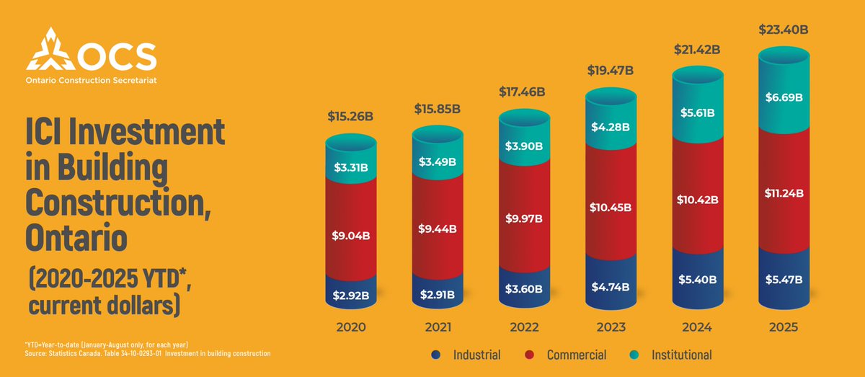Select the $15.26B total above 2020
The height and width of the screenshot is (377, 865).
click(350, 116)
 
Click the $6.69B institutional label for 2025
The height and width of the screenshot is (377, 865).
click(784, 98)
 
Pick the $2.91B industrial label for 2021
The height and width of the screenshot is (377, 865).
click(437, 294)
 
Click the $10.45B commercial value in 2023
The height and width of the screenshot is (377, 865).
click(610, 208)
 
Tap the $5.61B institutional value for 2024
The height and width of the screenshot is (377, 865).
click(697, 112)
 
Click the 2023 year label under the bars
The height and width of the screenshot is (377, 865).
click(610, 327)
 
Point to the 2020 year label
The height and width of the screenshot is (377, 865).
click(350, 327)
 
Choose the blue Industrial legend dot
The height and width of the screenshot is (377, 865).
click(435, 355)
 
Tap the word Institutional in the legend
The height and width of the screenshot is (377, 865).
click(681, 355)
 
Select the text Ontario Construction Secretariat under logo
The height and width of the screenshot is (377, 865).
click(92, 79)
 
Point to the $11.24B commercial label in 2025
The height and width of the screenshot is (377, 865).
click(784, 192)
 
